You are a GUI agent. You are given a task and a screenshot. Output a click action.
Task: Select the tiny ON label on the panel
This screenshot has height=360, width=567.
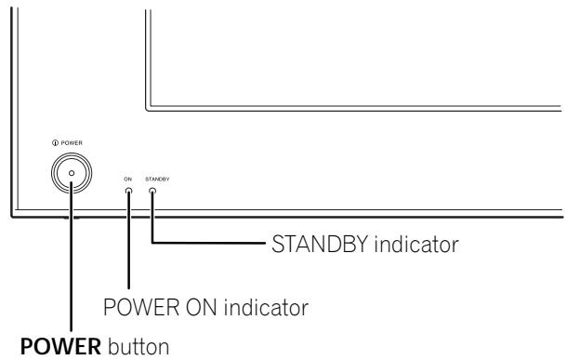pos(129,178)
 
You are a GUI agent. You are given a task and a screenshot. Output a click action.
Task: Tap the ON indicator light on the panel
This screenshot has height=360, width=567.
pos(129,191)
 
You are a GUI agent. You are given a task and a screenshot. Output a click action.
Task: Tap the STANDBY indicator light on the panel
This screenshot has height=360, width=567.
pos(152,191)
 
